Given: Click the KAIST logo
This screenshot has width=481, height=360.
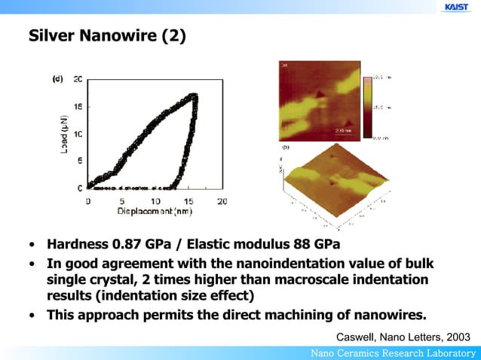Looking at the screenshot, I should (x=456, y=7).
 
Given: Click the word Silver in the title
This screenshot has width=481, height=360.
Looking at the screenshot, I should (x=54, y=35).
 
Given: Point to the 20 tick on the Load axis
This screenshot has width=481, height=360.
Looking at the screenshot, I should (x=78, y=79).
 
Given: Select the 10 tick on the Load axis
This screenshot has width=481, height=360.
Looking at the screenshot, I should (x=78, y=133).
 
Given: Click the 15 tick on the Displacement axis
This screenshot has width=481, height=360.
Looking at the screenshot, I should (x=188, y=201).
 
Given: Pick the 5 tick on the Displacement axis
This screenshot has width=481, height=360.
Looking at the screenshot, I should (x=121, y=201).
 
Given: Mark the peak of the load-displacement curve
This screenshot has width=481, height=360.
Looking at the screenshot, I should (x=195, y=96).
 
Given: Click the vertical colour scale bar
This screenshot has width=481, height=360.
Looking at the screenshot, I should (x=367, y=106).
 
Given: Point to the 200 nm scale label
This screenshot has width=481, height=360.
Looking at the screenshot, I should (x=342, y=131).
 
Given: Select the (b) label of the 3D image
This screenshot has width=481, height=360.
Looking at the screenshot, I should (x=286, y=148).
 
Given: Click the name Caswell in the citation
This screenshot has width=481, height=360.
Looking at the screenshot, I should (x=357, y=337).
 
